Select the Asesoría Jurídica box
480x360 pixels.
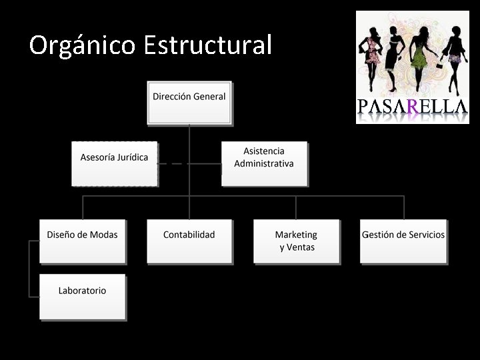pos(114,163)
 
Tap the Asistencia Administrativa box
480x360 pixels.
pos(264,163)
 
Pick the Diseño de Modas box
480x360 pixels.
pos(82,241)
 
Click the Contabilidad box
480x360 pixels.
pos(189,241)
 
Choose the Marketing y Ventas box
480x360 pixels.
pos(297,241)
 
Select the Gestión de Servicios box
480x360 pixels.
pos(403,241)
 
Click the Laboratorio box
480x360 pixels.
pos(82,296)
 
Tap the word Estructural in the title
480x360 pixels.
pos(207,45)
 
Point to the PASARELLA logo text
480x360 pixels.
pos(412,107)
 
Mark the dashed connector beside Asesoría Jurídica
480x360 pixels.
pos(173,163)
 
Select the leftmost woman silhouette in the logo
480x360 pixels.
pos(371,57)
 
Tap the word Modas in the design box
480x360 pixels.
pos(104,235)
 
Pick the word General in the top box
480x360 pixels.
pos(210,96)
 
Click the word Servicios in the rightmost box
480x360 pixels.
pos(425,235)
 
